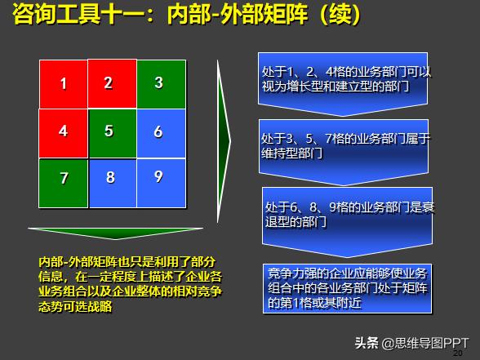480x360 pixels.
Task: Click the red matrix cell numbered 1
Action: pyautogui.click(x=63, y=83)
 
